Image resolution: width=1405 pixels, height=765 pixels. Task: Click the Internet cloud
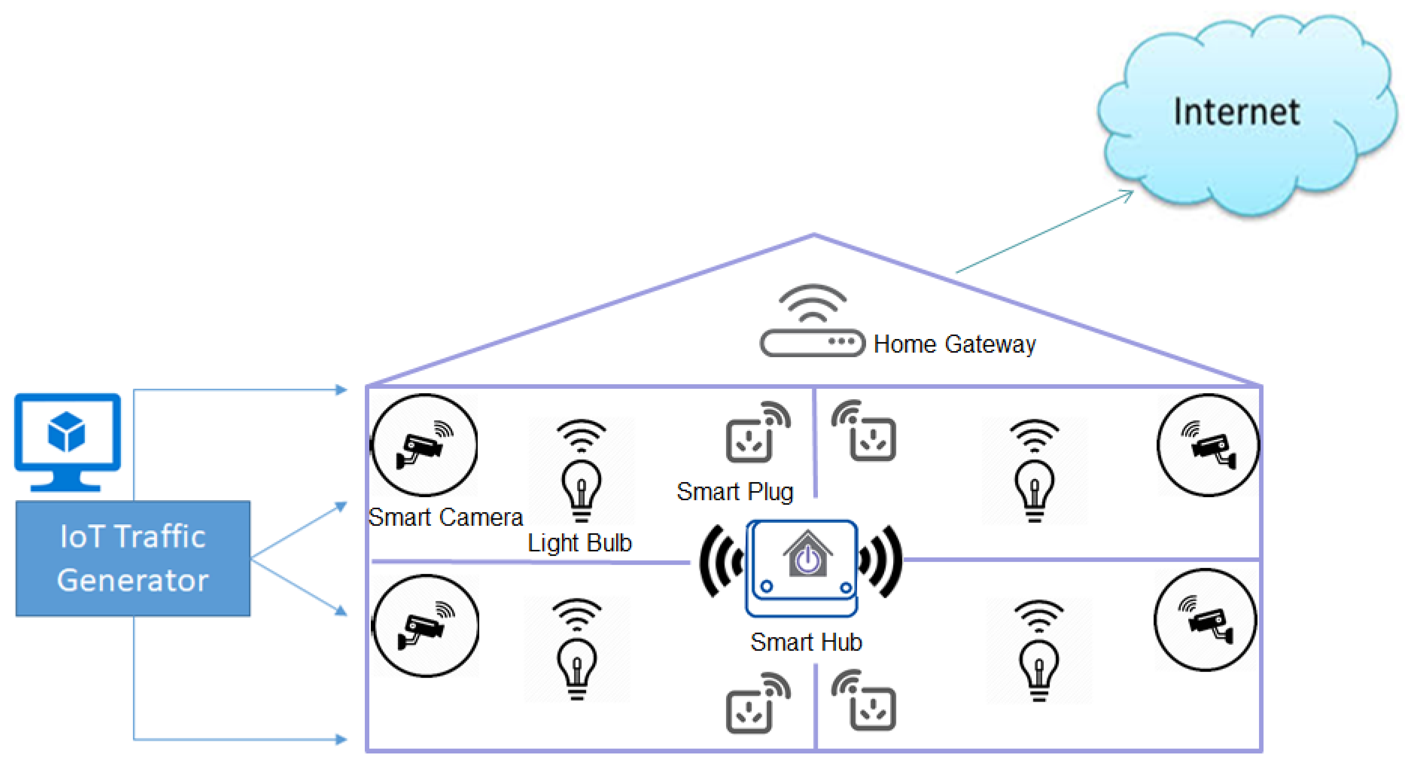1243,114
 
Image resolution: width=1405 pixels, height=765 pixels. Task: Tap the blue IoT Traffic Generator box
132,558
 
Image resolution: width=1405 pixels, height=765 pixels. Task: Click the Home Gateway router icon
812,325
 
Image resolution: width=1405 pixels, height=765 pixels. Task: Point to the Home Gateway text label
954,345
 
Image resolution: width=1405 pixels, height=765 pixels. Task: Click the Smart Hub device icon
802,567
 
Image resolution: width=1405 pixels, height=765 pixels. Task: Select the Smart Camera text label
445,517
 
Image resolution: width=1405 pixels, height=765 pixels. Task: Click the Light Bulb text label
579,543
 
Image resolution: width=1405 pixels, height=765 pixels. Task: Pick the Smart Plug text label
734,492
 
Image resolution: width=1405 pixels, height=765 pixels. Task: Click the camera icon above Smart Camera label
425,445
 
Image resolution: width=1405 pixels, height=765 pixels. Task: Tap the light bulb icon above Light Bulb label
581,472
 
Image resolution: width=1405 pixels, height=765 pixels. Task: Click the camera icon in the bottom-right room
1205,620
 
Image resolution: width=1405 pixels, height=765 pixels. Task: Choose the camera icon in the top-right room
1208,445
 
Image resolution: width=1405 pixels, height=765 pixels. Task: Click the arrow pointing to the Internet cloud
1045,231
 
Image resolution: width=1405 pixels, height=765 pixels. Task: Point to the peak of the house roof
814,236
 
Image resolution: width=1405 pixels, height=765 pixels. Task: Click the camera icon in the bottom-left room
425,626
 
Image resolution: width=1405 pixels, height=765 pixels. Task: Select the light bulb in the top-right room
1034,472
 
